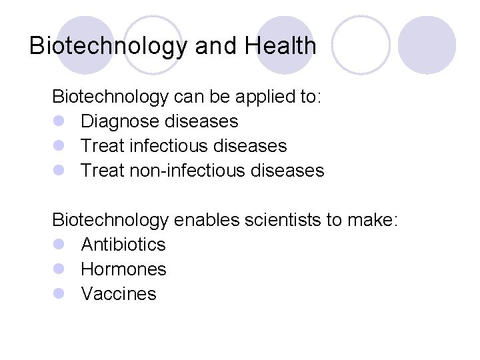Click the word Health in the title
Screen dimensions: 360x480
point(281,45)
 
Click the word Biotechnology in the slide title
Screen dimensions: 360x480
point(109,46)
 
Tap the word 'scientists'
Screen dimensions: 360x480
point(284,220)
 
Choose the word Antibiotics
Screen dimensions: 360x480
point(123,245)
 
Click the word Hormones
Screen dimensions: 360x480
point(123,269)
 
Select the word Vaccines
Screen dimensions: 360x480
point(119,294)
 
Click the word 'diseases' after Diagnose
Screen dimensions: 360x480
point(201,121)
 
